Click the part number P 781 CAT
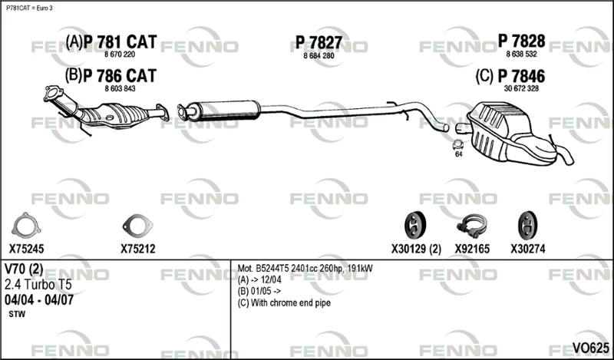120,41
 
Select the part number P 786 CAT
120,75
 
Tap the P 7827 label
319,42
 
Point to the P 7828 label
521,41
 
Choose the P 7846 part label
521,76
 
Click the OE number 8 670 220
120,54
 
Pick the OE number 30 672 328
521,88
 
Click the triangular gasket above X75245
26,226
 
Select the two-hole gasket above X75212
137,226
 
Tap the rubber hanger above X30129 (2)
415,225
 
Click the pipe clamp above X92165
472,226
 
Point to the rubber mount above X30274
527,225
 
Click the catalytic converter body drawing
117,116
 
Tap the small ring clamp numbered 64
457,144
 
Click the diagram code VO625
590,347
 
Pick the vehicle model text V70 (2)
24,269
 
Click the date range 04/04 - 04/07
39,300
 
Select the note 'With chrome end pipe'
291,302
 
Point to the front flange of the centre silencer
183,111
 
